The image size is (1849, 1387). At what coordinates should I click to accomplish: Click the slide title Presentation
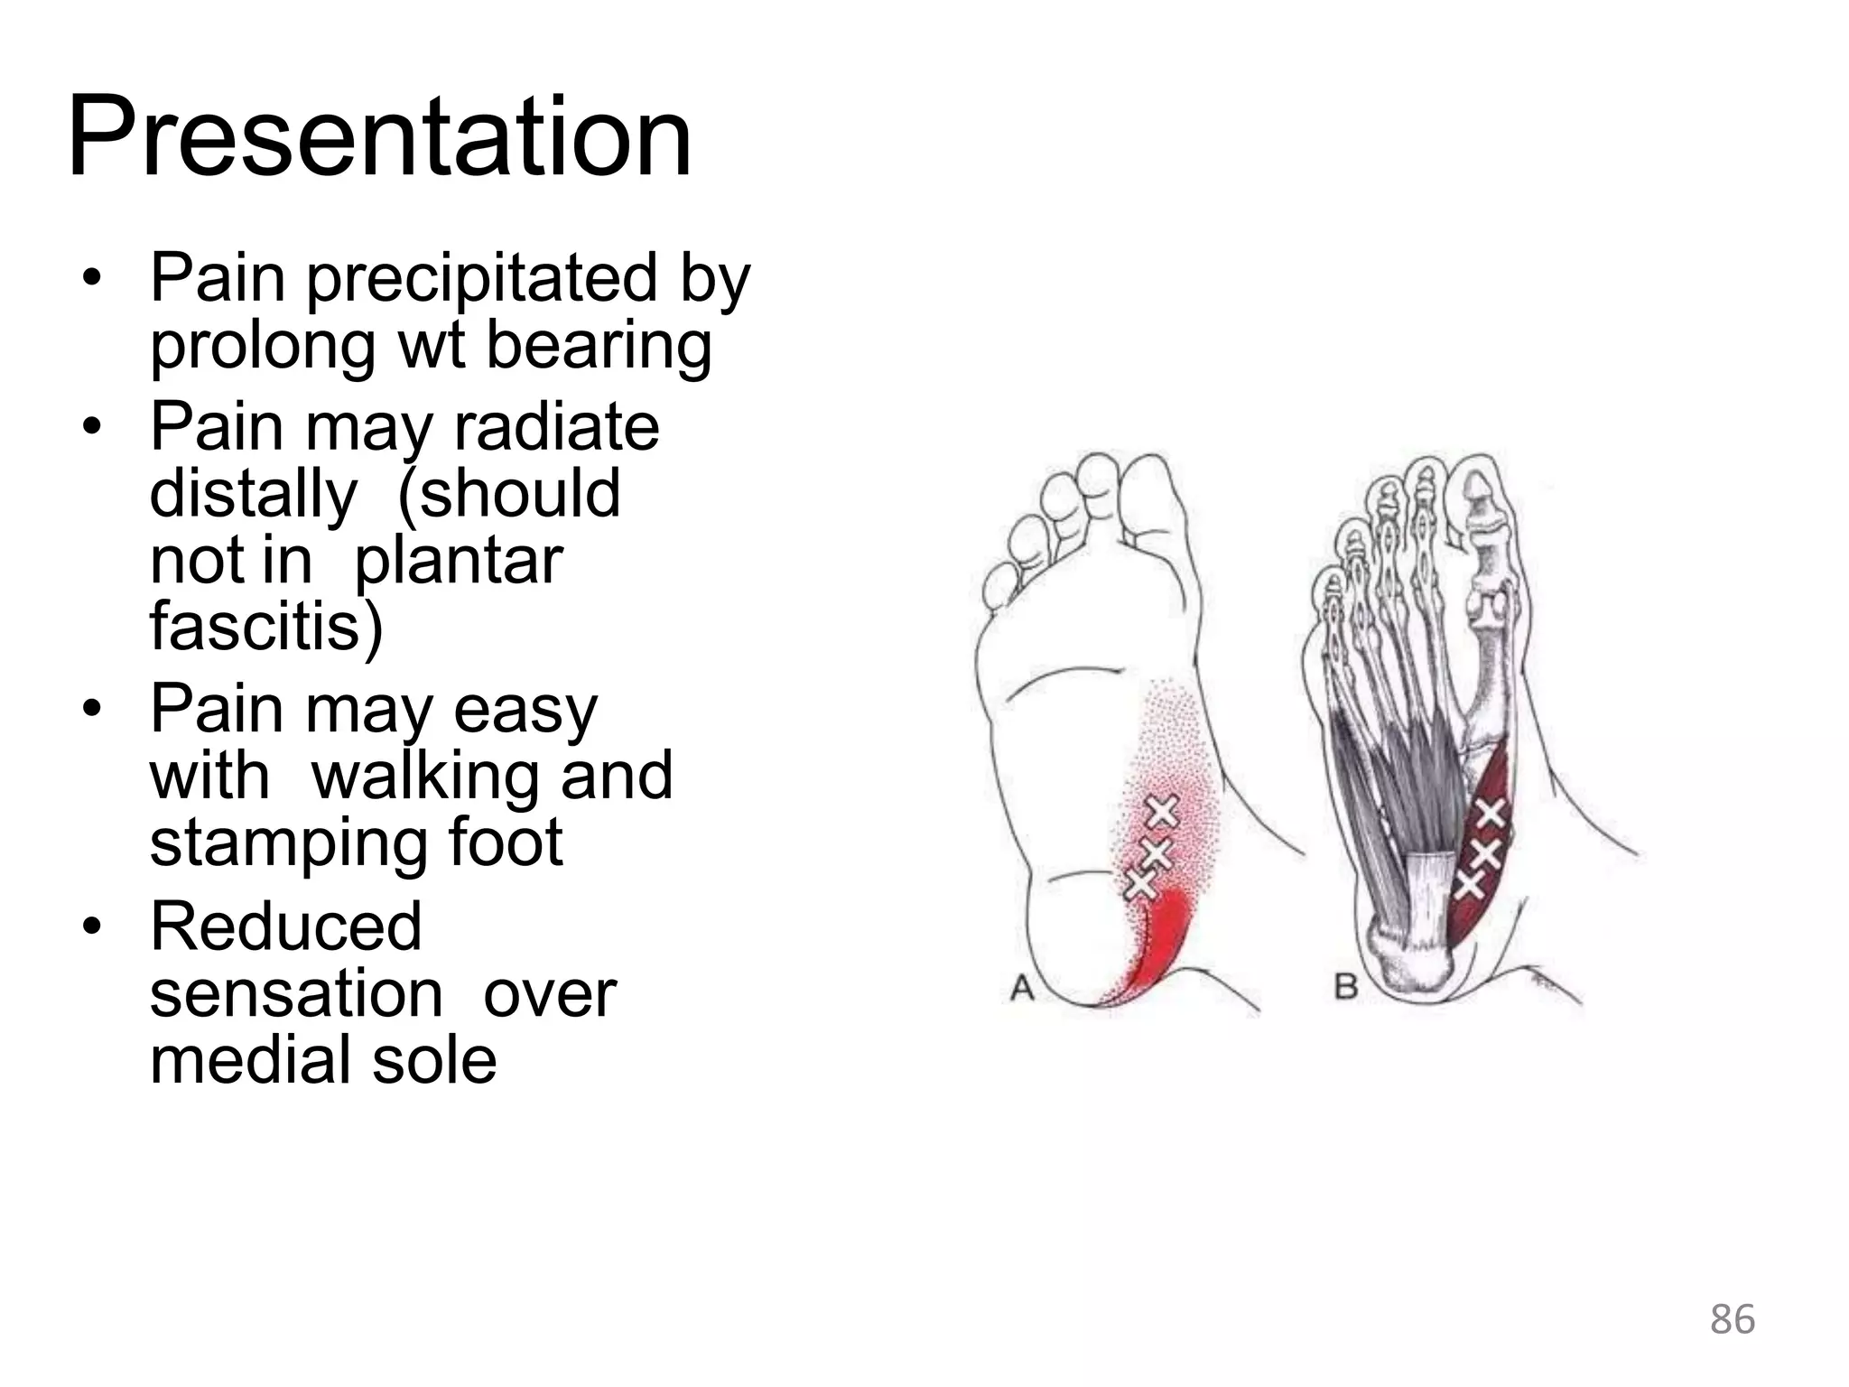[x=379, y=137]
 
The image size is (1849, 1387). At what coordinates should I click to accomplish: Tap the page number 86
[x=1732, y=1319]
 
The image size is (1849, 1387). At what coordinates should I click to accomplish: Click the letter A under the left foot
[x=1021, y=988]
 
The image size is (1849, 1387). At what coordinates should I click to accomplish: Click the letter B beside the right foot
[x=1345, y=986]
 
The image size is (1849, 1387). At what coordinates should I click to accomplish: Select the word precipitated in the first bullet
[x=484, y=280]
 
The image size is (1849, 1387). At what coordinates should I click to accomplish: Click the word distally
[x=253, y=495]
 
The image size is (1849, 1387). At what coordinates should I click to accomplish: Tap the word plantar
[x=458, y=562]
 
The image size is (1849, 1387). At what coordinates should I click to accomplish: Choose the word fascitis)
[x=266, y=627]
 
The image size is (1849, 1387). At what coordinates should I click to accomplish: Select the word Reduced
[x=285, y=926]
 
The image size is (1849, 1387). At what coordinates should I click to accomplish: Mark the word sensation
[x=295, y=993]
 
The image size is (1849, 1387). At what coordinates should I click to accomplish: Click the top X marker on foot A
[x=1163, y=812]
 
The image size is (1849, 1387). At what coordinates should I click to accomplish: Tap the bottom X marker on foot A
[x=1140, y=882]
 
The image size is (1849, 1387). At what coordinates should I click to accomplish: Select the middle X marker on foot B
[x=1484, y=852]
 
